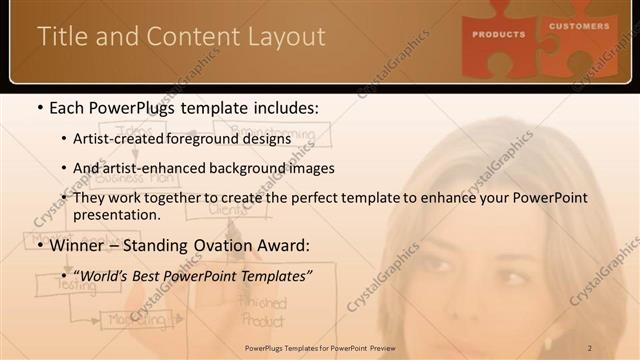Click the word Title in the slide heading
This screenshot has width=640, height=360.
[x=59, y=36]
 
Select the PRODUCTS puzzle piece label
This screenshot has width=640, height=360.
[x=499, y=34]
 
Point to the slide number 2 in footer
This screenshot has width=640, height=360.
[x=590, y=347]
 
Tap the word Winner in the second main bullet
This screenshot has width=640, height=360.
[x=76, y=243]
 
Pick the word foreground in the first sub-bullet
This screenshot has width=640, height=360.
[x=204, y=139]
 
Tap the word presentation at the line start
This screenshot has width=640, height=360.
[x=116, y=214]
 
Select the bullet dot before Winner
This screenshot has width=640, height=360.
[x=38, y=243]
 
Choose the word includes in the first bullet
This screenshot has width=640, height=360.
[x=291, y=107]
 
